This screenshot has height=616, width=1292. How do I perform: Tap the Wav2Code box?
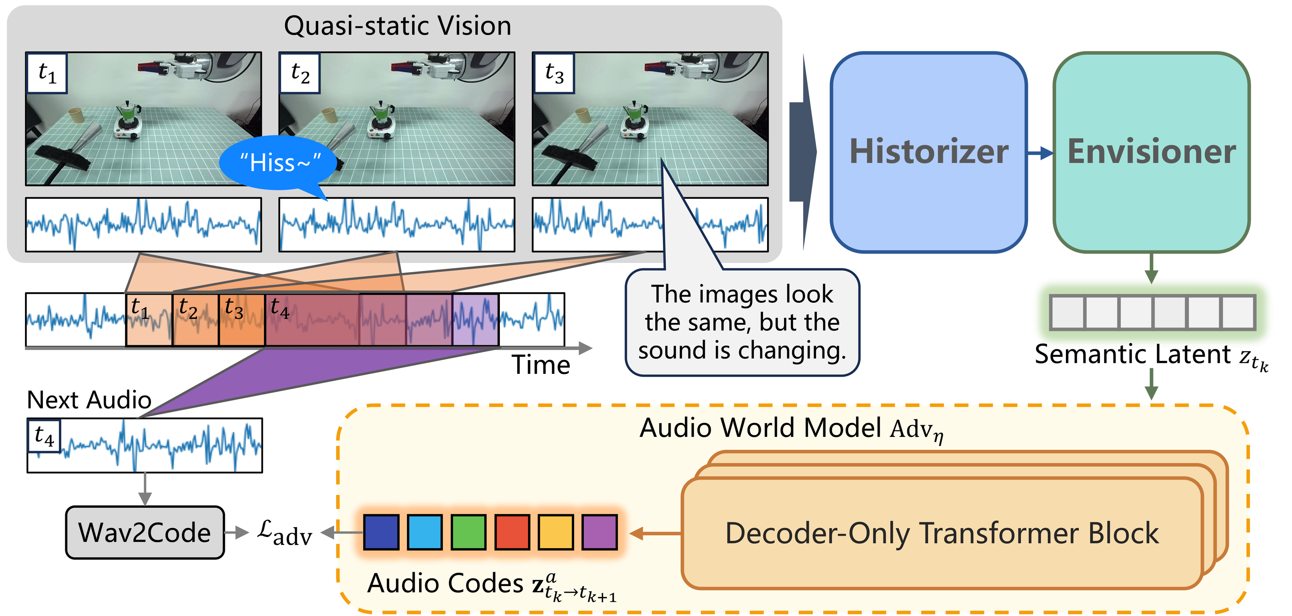(145, 532)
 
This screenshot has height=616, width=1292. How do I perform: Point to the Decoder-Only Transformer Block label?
(942, 533)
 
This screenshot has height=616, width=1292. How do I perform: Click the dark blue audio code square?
(381, 532)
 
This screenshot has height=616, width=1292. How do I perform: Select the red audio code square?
(512, 532)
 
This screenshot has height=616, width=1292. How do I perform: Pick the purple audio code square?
(599, 532)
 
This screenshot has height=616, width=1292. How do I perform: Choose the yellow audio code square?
(556, 532)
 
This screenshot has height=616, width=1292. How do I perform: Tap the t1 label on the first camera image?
(47, 73)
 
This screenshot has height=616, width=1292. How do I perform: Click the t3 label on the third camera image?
(554, 73)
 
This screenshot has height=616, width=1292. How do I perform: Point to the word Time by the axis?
(541, 365)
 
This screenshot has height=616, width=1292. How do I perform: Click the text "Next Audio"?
(89, 400)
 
